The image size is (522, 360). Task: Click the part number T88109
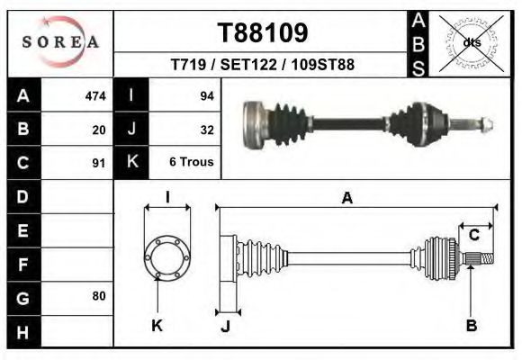coord(263,33)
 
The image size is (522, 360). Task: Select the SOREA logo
coord(60,41)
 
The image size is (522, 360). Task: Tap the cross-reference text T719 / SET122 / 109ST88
coord(262,66)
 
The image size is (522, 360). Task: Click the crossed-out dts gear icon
coord(470,42)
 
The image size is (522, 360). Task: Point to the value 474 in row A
coord(94,95)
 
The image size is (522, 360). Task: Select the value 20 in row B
coord(99,130)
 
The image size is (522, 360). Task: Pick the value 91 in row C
coord(99,164)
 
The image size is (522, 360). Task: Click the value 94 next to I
coord(206,95)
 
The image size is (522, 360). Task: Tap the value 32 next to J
coord(206,130)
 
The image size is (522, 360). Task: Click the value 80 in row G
coord(99,295)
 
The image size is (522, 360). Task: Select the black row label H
coord(22,332)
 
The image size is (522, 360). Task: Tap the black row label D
coord(22,196)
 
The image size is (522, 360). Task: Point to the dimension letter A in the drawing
coord(346,198)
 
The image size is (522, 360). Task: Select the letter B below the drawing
coord(471,326)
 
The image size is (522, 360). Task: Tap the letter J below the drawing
coord(225,326)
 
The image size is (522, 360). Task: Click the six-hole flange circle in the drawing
coord(166,257)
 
